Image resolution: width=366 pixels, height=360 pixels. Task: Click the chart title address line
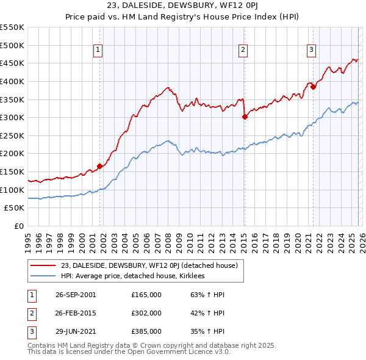[182, 7]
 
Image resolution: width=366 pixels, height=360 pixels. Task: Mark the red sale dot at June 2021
[313, 87]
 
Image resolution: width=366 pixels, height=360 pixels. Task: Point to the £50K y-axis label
[15, 208]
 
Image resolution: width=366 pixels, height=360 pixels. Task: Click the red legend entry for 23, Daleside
[152, 265]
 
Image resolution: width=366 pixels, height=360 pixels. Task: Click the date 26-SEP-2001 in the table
[76, 295]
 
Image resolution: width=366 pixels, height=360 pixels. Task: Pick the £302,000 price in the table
[146, 313]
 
